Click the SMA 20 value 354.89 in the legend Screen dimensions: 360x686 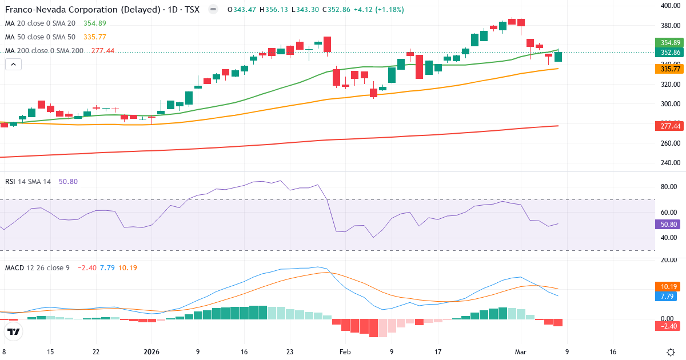[x=94, y=23]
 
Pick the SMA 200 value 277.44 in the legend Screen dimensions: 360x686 [x=103, y=51]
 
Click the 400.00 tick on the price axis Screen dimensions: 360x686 [x=669, y=6]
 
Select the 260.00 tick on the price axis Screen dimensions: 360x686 [x=669, y=143]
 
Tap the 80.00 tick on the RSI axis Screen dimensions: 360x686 [x=669, y=187]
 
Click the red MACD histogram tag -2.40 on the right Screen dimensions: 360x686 [x=669, y=326]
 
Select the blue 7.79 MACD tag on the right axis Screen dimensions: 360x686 [x=669, y=297]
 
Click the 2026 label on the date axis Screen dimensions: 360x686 [x=151, y=353]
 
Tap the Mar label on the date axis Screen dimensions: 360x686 [x=521, y=353]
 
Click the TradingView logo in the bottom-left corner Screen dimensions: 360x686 [x=14, y=331]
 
